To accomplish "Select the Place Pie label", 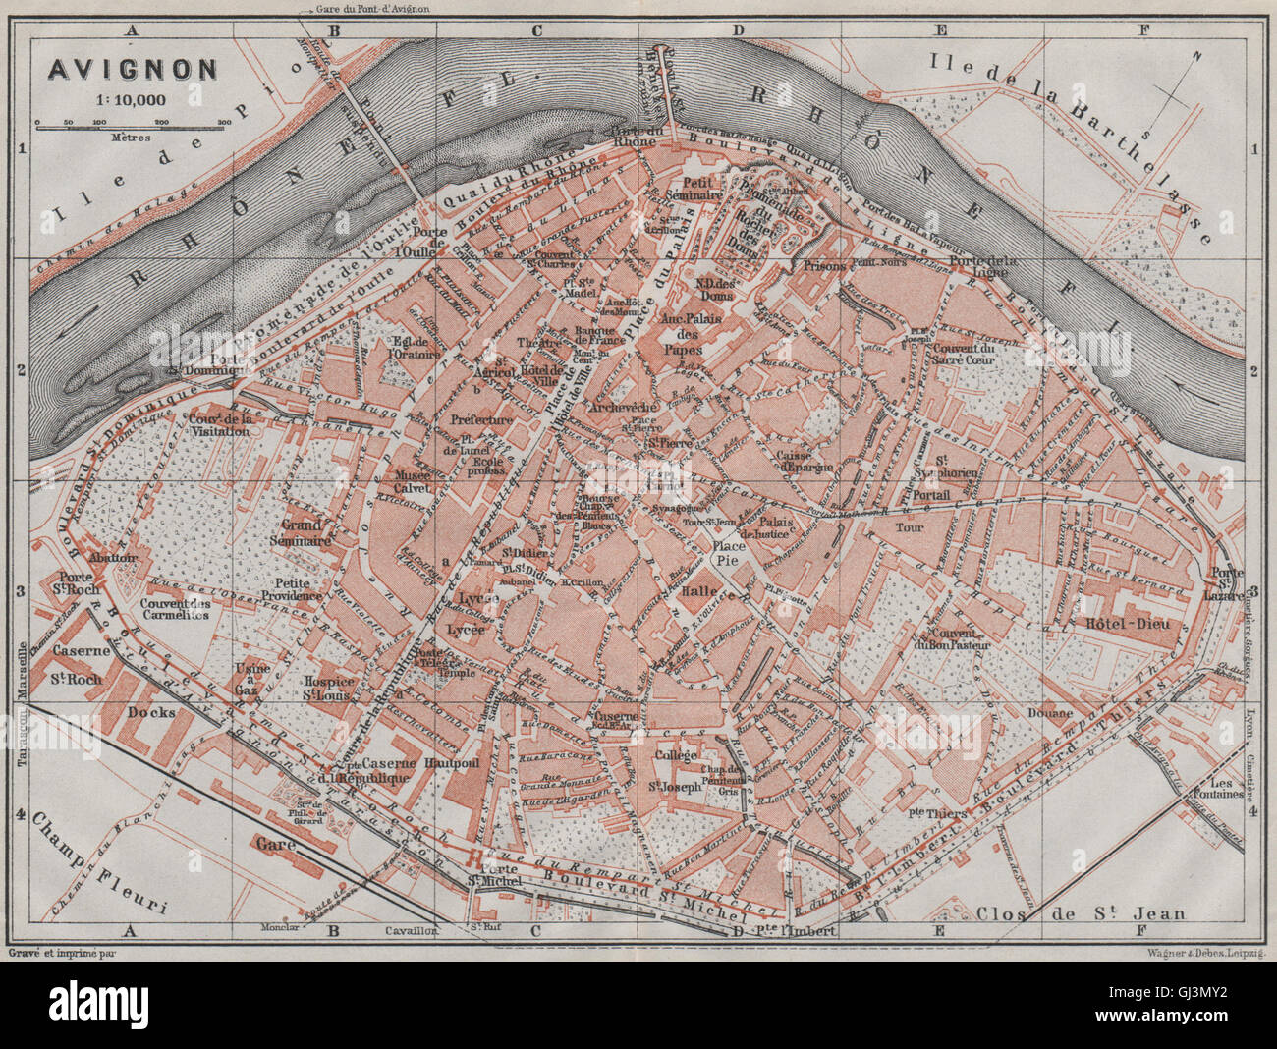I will coord(728,553).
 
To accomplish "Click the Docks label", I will coord(151,712).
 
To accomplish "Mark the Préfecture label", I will coord(481,419).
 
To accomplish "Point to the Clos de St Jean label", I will coord(1080,912).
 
